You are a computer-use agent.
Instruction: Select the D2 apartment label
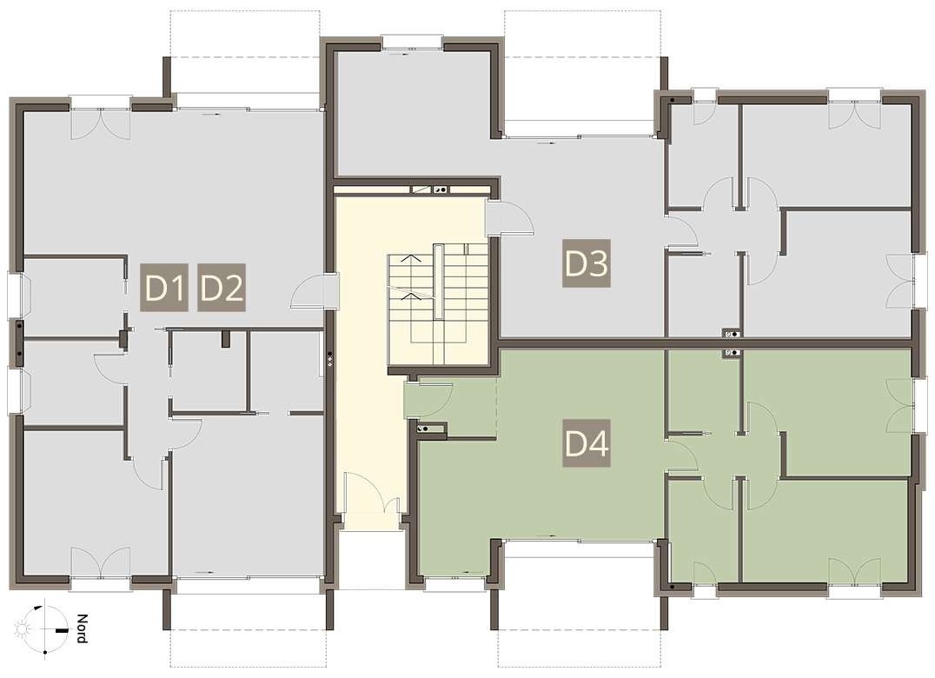[x=222, y=287]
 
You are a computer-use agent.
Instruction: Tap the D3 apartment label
[x=587, y=263]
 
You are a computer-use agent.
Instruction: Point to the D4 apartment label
[x=587, y=443]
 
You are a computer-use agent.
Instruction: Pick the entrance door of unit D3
[x=510, y=218]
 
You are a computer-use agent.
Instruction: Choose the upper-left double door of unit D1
[x=100, y=123]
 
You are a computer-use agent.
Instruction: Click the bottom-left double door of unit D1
[x=100, y=562]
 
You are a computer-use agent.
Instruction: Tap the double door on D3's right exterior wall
[x=902, y=282]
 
